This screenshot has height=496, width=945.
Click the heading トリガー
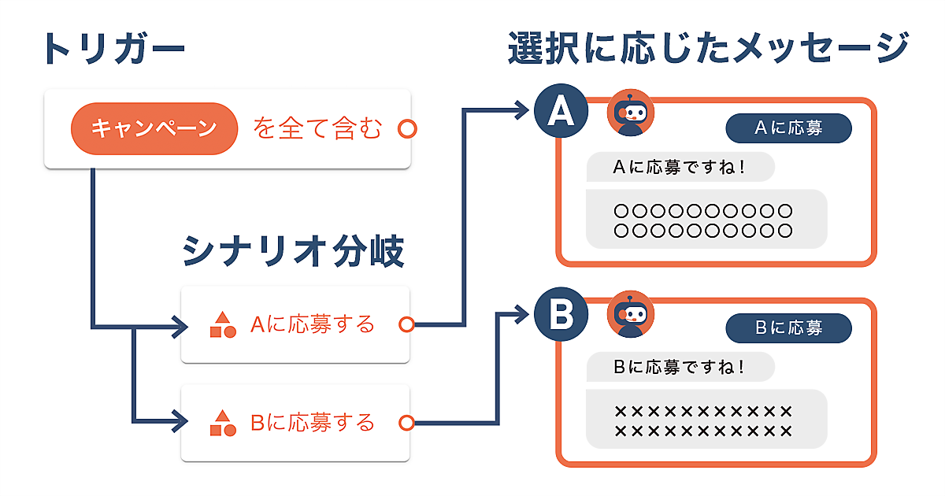tap(113, 49)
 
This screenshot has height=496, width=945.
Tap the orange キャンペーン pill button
tap(154, 128)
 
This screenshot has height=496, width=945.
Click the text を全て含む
tap(317, 128)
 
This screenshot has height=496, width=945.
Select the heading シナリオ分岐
tap(293, 252)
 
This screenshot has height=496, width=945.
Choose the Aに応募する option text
tap(313, 324)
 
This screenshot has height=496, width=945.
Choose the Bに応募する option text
tap(313, 423)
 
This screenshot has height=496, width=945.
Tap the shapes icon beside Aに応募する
tap(223, 324)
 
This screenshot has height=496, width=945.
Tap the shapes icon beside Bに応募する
tap(223, 424)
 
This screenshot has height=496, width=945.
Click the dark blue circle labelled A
tap(561, 113)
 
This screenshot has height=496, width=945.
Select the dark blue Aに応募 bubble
tap(788, 128)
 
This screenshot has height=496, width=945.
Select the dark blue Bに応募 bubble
tap(788, 328)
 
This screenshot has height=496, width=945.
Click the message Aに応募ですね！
tap(680, 167)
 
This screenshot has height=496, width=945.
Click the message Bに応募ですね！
tap(680, 367)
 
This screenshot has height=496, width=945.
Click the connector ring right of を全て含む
tap(407, 128)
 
